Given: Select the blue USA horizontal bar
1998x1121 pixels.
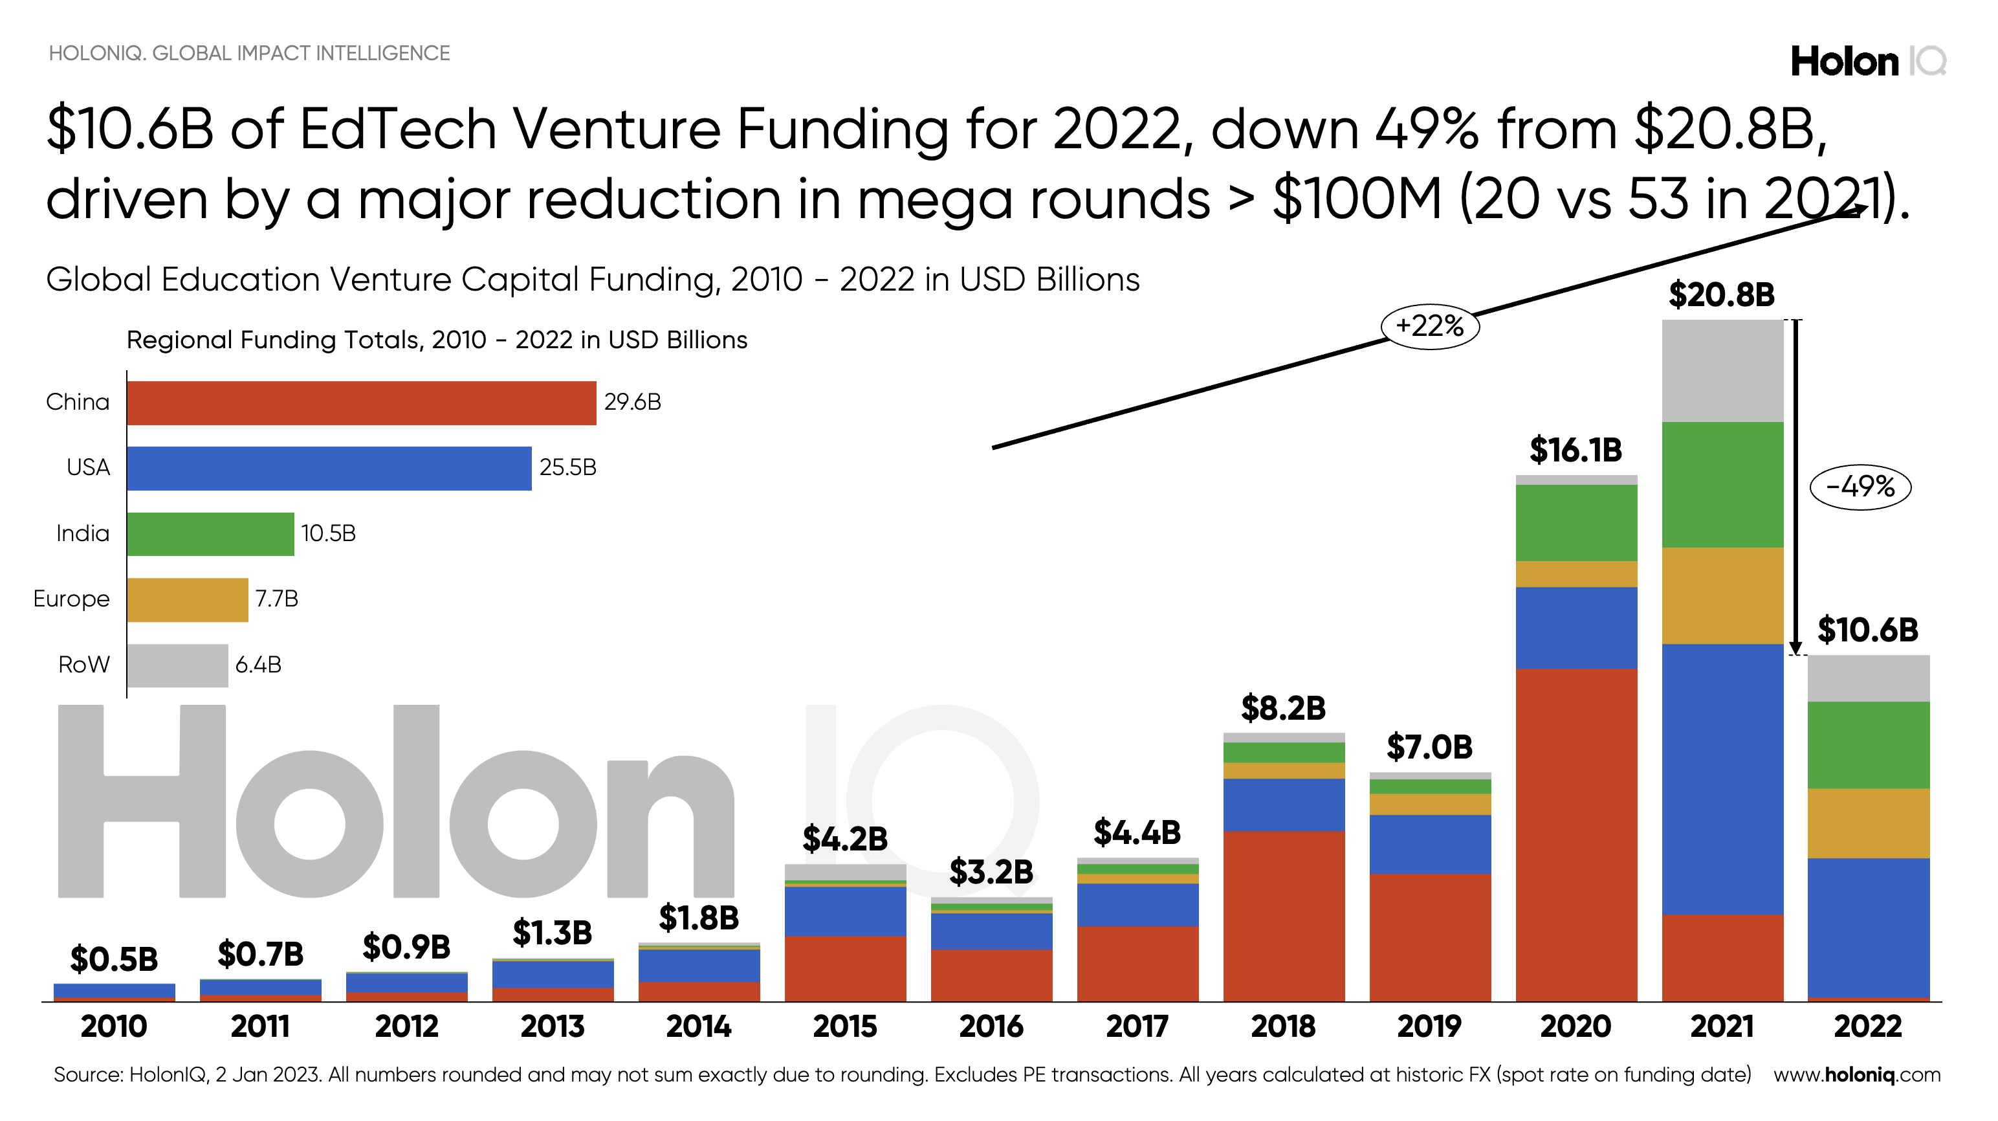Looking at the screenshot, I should pos(329,469).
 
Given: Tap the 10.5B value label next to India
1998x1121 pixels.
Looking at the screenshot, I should pos(328,534).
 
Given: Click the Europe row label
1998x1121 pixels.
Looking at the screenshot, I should pos(71,599).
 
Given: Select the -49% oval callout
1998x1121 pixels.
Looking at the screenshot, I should pos(1860,487).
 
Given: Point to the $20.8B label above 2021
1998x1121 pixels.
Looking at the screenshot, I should pos(1721,294).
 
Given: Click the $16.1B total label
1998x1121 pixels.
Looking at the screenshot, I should pos(1575,450).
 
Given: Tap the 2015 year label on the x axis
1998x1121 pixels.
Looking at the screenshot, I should pos(844,1027).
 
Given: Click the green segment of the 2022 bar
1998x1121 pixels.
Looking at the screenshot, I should pos(1868,745).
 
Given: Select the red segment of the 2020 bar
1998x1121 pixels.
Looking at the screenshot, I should pos(1576,834).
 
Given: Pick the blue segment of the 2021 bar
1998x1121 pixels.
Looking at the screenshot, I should pos(1722,780).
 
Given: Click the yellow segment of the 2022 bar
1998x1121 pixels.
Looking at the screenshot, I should pos(1868,823).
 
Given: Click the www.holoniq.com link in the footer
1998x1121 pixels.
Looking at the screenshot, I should pos(1856,1075).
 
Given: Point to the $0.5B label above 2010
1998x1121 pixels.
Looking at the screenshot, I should pos(114,960).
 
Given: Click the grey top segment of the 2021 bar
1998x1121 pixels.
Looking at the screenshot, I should pos(1722,371).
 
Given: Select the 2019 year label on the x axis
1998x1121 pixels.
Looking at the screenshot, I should pos(1429,1027).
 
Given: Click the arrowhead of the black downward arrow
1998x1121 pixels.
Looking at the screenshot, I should pos(1795,649).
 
